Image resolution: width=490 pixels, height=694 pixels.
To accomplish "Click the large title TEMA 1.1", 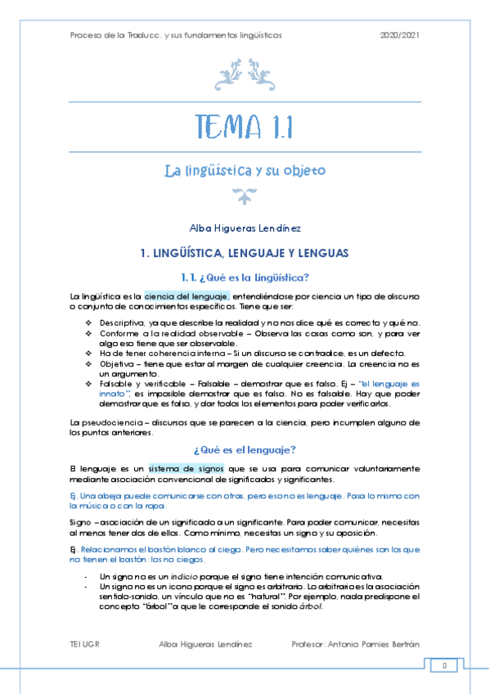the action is click(245, 128).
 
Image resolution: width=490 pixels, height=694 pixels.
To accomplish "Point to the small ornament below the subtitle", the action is click(244, 195).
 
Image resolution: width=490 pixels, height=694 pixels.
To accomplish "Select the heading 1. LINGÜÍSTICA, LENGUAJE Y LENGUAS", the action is click(245, 253).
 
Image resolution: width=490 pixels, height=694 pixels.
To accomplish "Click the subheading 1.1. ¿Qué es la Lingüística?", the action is click(245, 277).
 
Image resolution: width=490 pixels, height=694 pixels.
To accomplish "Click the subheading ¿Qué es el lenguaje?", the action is click(245, 449).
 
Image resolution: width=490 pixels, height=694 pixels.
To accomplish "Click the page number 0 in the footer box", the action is click(445, 665).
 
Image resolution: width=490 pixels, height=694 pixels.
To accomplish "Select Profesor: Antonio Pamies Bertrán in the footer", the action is click(355, 643).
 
